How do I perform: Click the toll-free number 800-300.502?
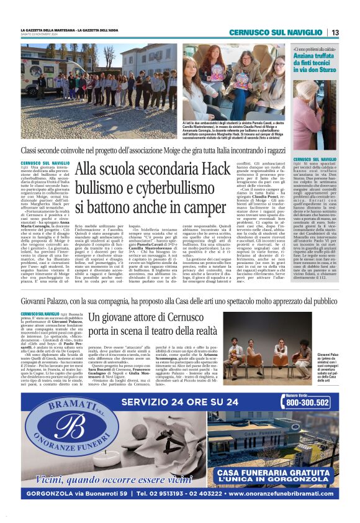(x=308, y=402)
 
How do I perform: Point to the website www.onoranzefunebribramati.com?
(x=282, y=494)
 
